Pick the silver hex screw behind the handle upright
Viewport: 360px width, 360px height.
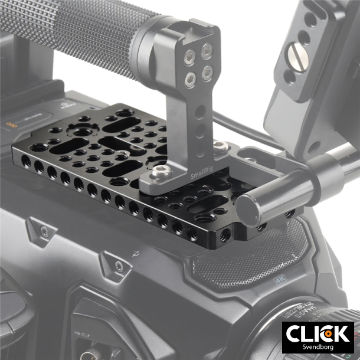click(x=219, y=145)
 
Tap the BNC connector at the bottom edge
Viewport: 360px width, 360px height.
click(x=83, y=348)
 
